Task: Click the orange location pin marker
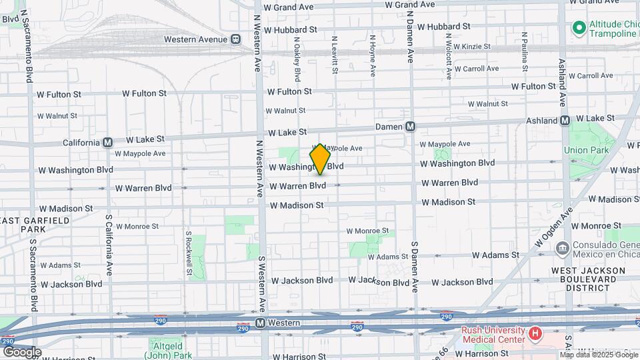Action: (x=321, y=159)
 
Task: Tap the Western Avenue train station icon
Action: (x=237, y=39)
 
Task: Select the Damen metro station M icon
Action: (x=410, y=126)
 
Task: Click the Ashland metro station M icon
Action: (x=565, y=121)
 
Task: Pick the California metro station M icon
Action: (x=107, y=142)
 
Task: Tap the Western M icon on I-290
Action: (x=260, y=323)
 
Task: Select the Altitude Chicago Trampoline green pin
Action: (x=579, y=28)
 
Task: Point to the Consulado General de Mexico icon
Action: (x=562, y=249)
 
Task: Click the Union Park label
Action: (x=587, y=150)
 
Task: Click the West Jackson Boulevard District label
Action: (x=588, y=279)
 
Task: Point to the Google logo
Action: (x=22, y=351)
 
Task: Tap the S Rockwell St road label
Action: (x=189, y=253)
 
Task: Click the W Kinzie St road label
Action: (x=471, y=47)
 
